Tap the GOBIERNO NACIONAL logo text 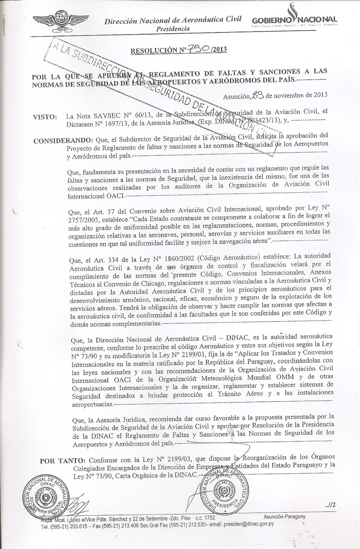tap(295, 20)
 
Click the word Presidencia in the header tap(172, 28)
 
